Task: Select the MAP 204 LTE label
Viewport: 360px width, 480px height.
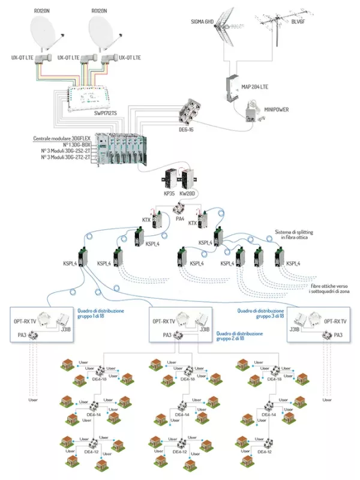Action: click(263, 87)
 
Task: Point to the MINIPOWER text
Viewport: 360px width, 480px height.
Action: click(277, 110)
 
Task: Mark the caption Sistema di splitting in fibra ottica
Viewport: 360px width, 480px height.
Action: click(295, 235)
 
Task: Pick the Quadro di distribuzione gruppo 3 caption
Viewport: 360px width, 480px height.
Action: click(257, 313)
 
